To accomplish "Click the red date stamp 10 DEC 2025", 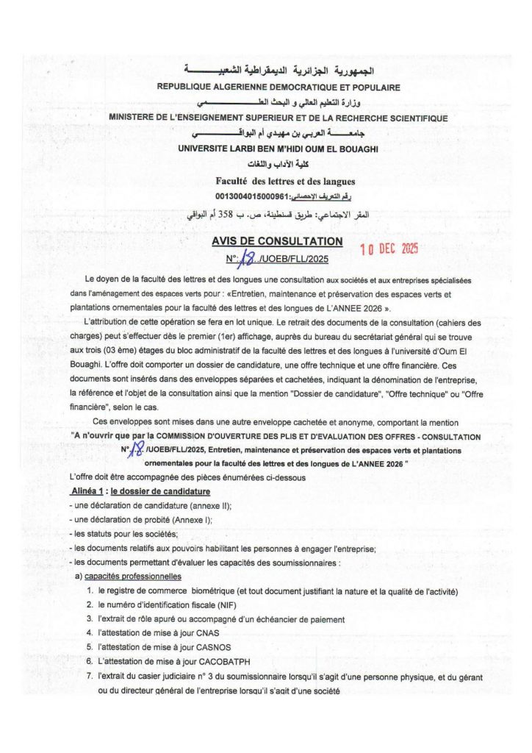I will pyautogui.click(x=389, y=249).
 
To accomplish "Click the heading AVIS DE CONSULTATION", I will pyautogui.click(x=277, y=241).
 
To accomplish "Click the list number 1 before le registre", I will pyautogui.click(x=89, y=590).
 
